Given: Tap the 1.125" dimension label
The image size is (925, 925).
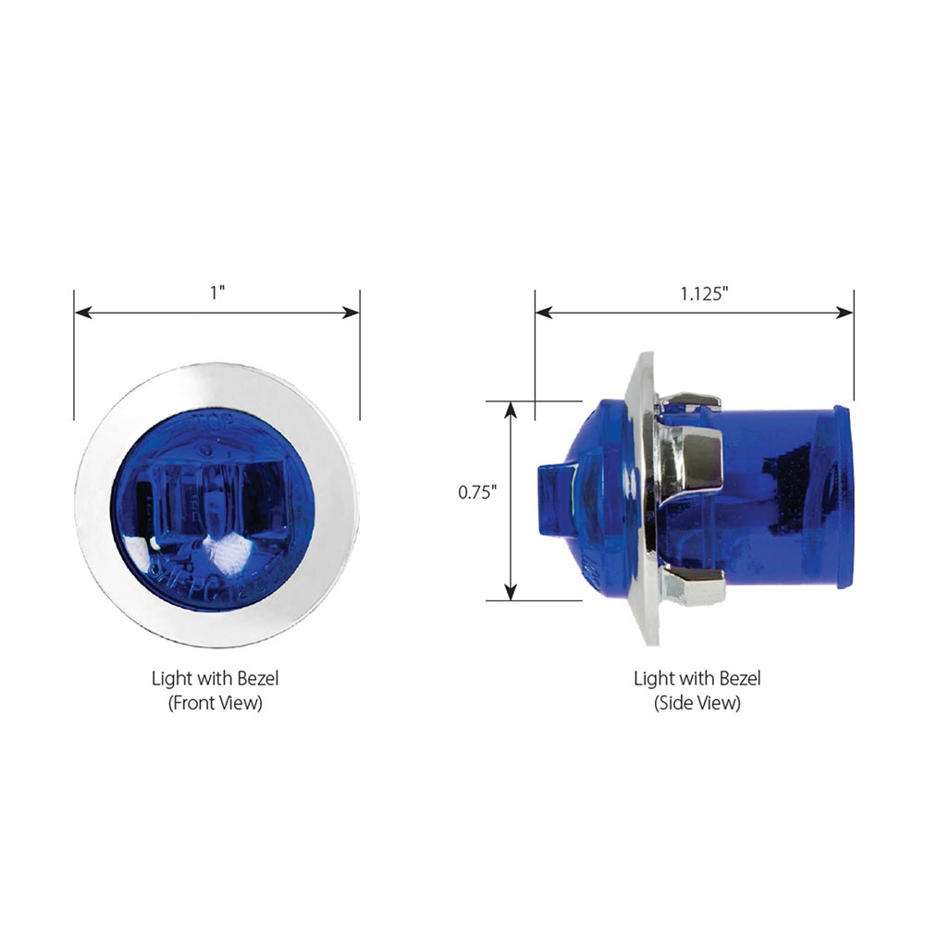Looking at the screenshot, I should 705,293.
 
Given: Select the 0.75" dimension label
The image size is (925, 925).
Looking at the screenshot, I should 478,492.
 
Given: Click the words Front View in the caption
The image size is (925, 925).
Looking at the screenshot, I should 216,702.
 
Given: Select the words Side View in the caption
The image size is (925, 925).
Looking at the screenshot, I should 697,702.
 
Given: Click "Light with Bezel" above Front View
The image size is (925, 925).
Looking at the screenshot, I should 216,678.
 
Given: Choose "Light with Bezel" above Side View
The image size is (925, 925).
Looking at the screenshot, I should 697,678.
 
